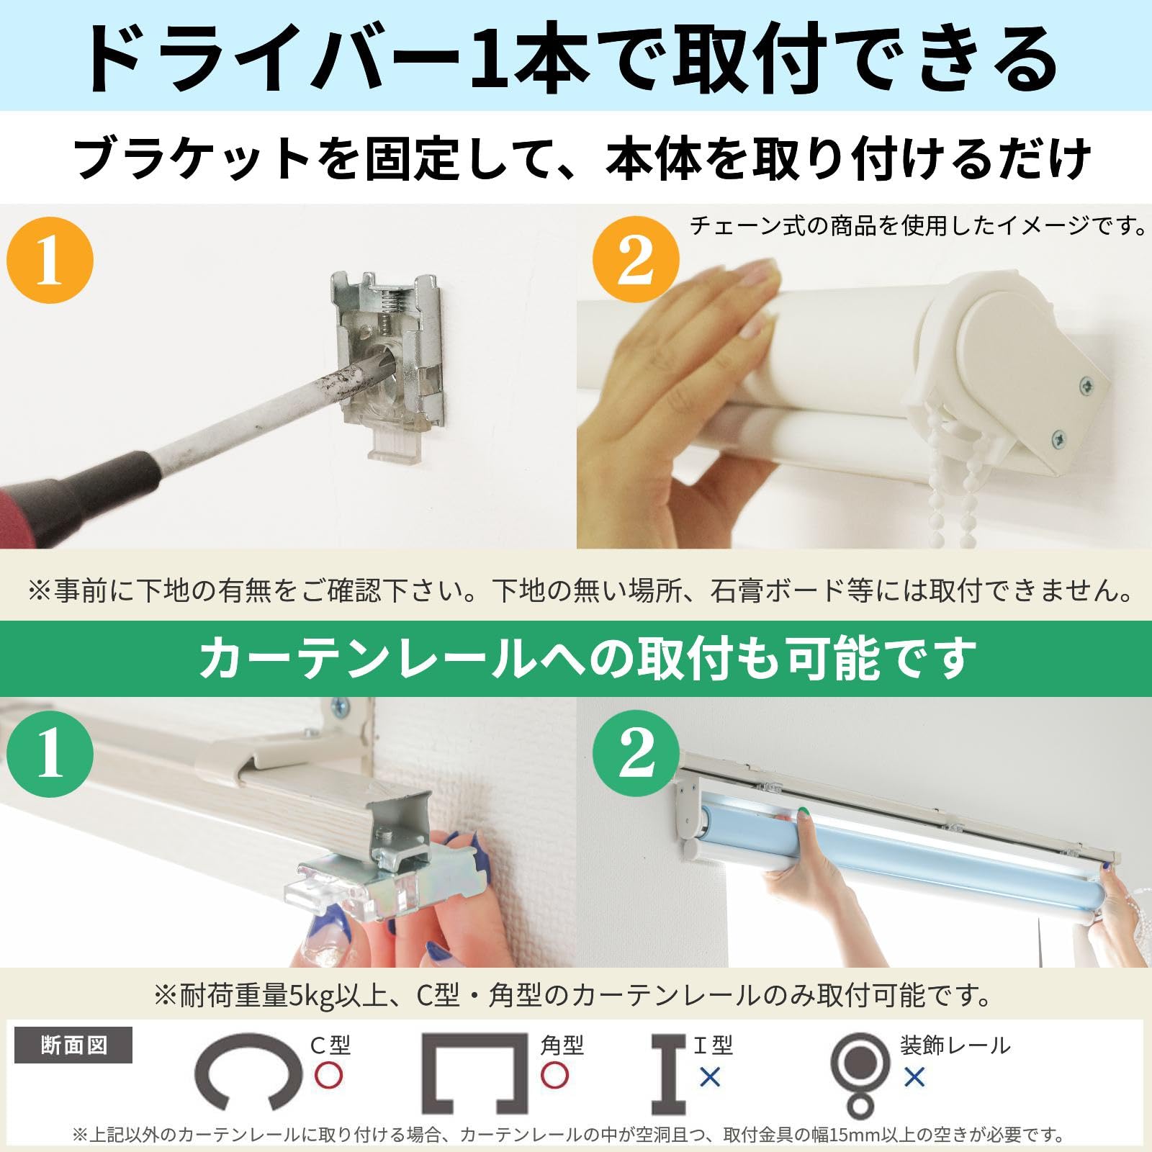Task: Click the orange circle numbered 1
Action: [x=50, y=260]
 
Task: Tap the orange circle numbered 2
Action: [x=636, y=260]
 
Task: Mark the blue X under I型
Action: [x=710, y=1077]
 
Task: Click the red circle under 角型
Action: [x=554, y=1076]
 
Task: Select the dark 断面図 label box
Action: [x=73, y=1045]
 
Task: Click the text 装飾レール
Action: [x=955, y=1045]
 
